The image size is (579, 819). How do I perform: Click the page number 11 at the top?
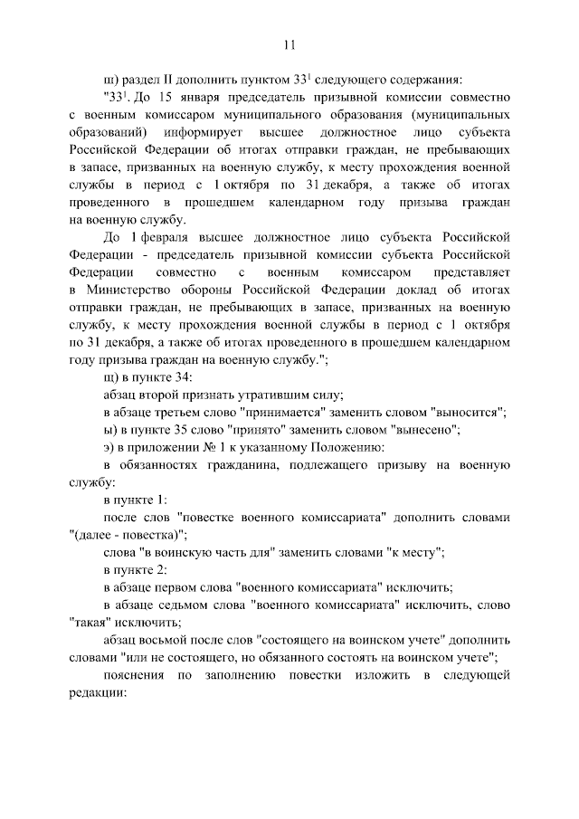click(x=289, y=43)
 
